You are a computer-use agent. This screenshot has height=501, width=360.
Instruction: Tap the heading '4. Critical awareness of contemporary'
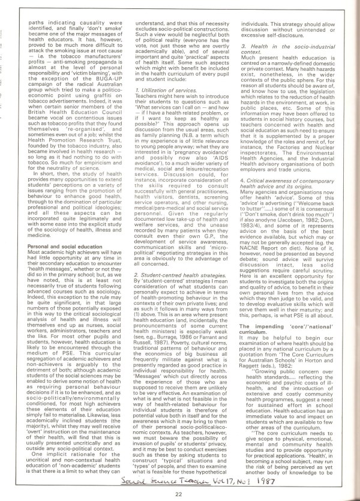pos(289,181)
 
